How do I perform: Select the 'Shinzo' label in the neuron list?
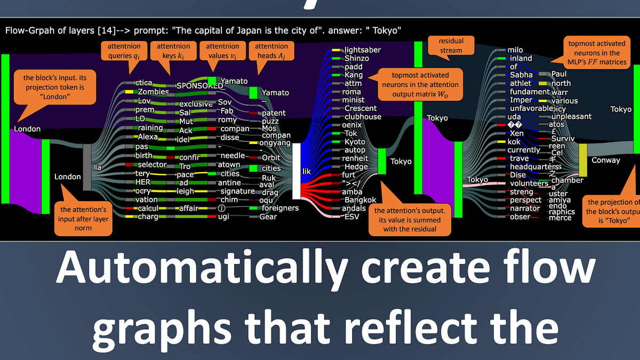(357, 58)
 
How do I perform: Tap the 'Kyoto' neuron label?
(355, 142)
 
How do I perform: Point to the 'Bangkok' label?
(360, 200)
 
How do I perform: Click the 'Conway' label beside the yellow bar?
(606, 160)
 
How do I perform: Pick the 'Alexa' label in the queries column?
(148, 137)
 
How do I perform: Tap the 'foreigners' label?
(280, 208)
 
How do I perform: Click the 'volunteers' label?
(529, 183)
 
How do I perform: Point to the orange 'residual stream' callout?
(451, 45)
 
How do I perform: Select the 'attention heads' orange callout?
(271, 51)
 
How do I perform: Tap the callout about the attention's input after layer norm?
(83, 219)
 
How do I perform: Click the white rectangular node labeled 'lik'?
(297, 171)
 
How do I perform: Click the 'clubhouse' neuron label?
(363, 117)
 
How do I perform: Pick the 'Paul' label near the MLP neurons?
(559, 74)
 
